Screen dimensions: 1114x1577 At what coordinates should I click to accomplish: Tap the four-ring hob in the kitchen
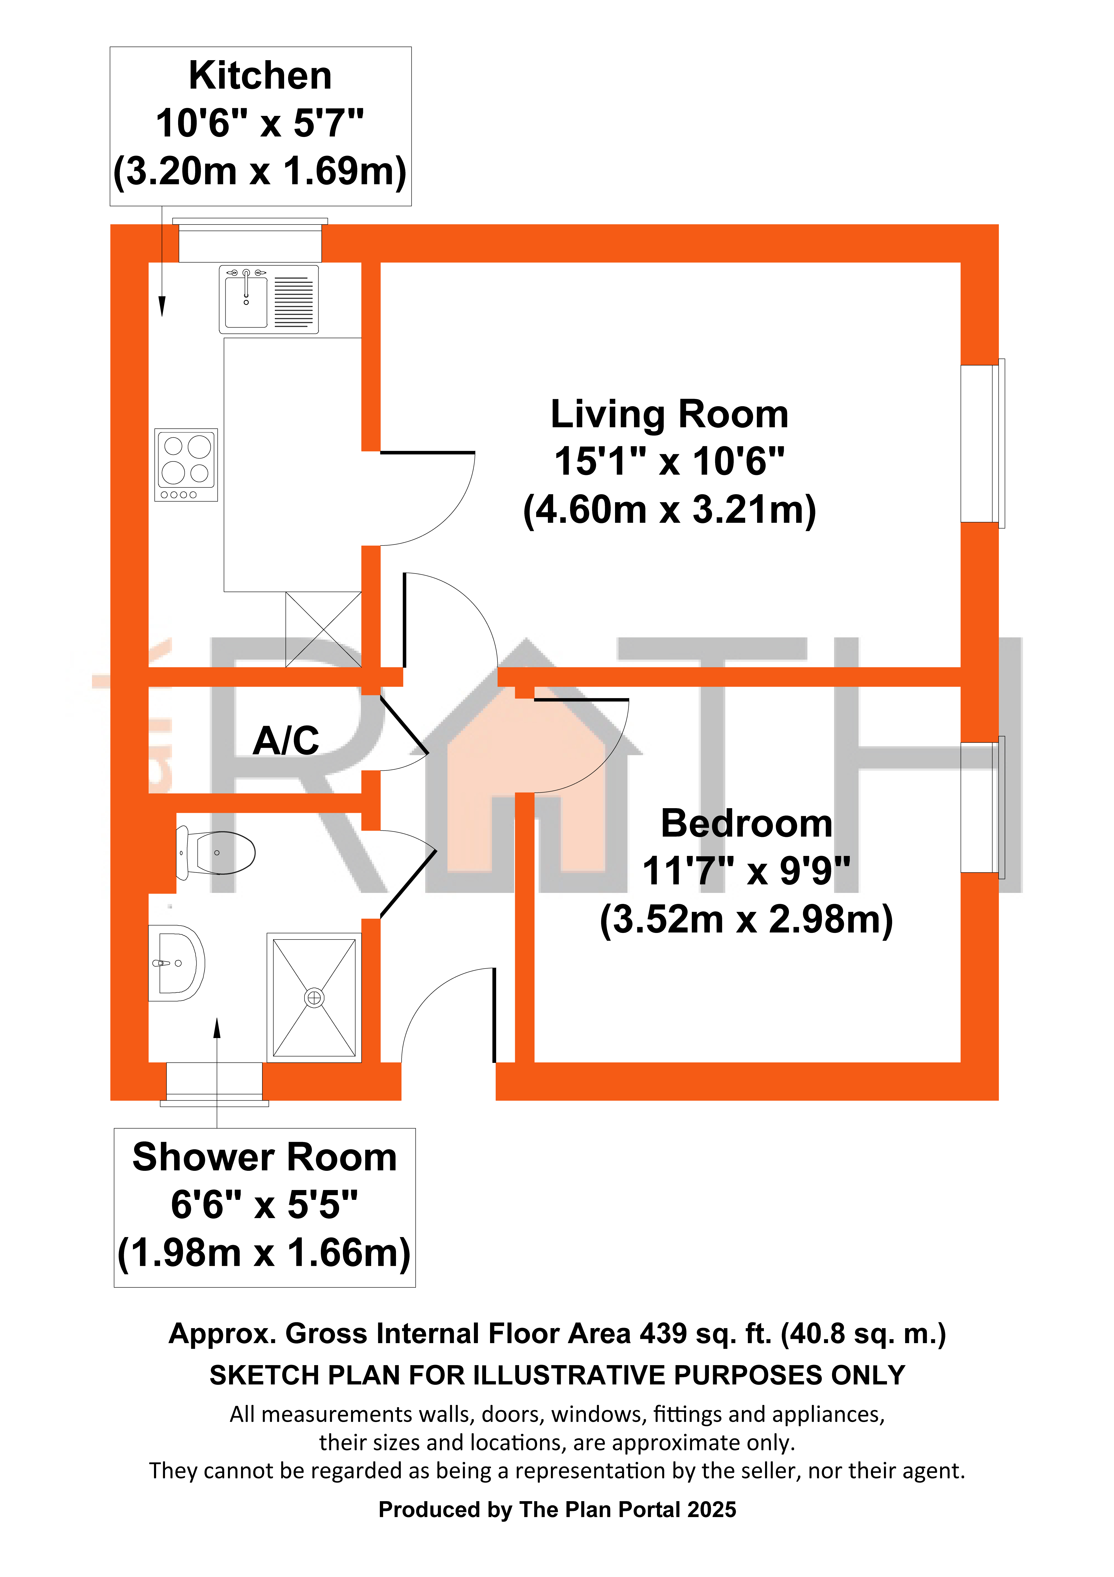tap(186, 465)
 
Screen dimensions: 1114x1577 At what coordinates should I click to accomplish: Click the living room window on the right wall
tap(982, 444)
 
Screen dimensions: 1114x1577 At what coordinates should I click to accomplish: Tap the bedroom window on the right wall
tap(982, 808)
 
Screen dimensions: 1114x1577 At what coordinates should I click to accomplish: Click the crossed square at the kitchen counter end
tap(323, 629)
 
